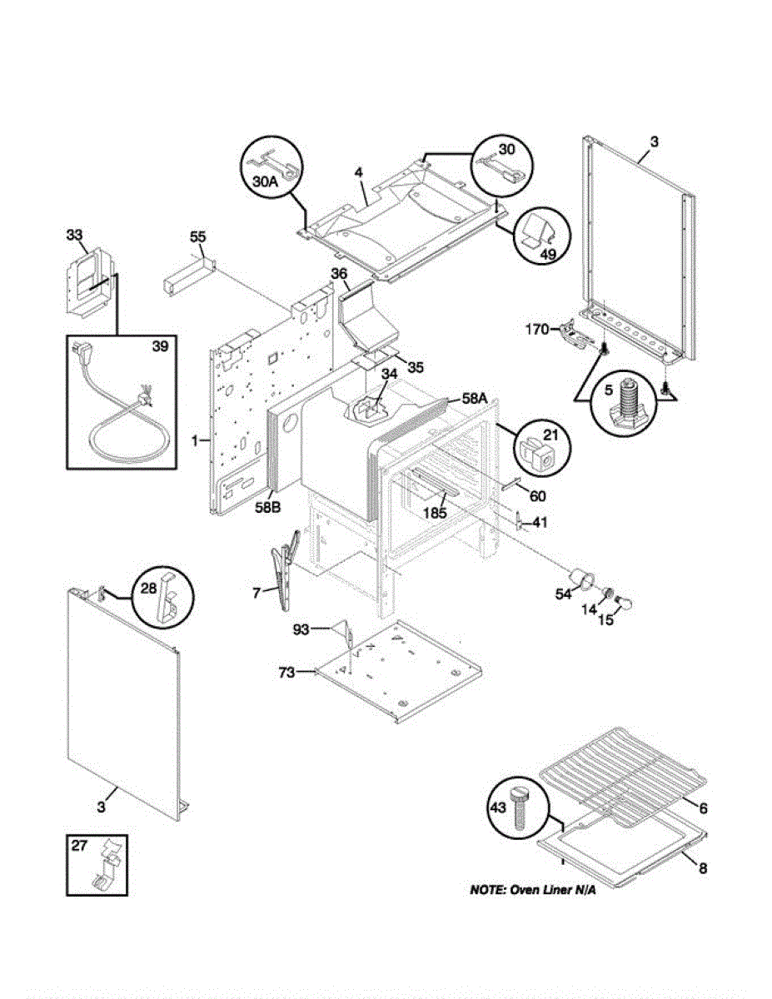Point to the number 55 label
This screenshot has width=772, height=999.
[197, 237]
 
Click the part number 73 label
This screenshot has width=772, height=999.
[286, 673]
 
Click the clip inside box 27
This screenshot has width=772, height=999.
[105, 867]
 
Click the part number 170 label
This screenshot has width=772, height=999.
[537, 330]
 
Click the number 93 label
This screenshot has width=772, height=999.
[301, 629]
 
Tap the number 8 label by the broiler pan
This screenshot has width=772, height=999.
[702, 869]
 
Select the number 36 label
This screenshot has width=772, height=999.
[339, 273]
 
